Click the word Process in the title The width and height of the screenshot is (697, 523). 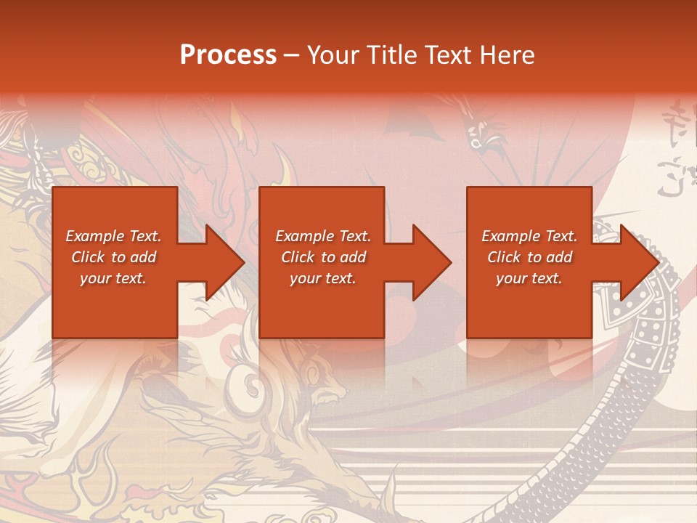click(x=228, y=55)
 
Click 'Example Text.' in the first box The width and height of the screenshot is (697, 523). click(x=113, y=236)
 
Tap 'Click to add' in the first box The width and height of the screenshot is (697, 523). click(x=113, y=257)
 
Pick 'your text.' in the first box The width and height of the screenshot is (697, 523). click(x=113, y=278)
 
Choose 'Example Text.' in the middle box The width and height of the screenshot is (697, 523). click(x=323, y=236)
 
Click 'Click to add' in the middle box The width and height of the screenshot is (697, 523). click(x=323, y=257)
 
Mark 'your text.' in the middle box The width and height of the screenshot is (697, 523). click(x=323, y=278)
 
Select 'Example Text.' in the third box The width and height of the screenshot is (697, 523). click(x=529, y=236)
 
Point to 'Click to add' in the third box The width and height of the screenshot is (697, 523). click(x=529, y=257)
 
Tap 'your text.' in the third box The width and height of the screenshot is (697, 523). click(x=529, y=278)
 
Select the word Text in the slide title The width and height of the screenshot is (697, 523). click(x=449, y=55)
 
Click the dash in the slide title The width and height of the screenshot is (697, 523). click(x=292, y=55)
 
